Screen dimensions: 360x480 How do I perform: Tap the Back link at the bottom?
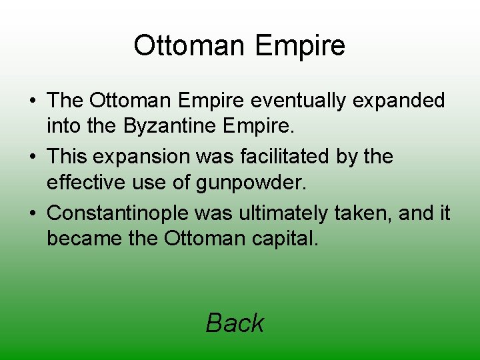pyautogui.click(x=235, y=323)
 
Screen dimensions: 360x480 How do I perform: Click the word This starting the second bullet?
pyautogui.click(x=68, y=157)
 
